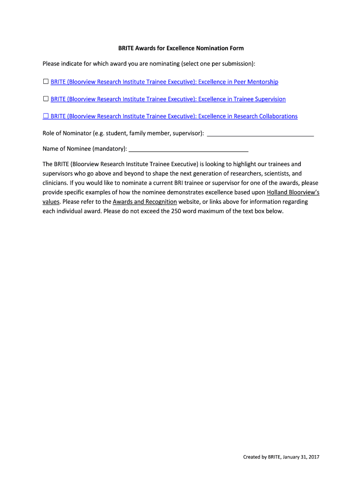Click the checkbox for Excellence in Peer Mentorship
(46, 82)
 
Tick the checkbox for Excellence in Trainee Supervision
(46, 99)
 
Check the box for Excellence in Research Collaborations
(46, 116)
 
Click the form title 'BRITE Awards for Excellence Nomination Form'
(181, 48)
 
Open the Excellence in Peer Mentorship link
(165, 82)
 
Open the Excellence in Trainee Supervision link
(168, 99)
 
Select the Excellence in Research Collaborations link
(174, 116)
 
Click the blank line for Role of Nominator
(260, 134)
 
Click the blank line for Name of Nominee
(188, 150)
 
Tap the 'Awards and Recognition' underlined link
(145, 201)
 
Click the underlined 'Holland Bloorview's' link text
(293, 193)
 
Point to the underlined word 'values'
(51, 201)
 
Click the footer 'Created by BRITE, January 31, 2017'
(281, 457)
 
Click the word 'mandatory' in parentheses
(109, 149)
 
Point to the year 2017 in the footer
(313, 457)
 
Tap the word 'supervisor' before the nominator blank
(187, 134)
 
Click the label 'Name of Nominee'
(66, 149)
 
